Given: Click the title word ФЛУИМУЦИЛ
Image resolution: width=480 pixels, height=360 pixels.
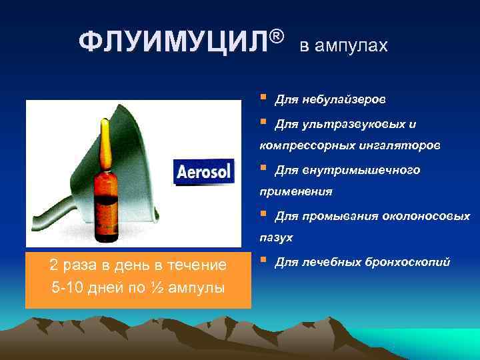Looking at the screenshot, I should [x=174, y=44].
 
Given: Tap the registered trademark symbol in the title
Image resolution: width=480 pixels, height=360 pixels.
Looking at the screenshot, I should [x=279, y=34].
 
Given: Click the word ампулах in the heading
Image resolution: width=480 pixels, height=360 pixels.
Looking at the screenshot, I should [x=354, y=46].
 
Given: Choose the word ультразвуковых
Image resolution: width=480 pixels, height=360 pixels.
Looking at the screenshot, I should [x=356, y=124].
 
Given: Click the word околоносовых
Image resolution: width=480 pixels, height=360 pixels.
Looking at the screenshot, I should [x=425, y=216].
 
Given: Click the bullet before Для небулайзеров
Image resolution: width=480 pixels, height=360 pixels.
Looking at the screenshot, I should [x=264, y=98].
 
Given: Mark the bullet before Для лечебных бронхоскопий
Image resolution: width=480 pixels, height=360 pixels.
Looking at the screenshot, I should [x=264, y=260].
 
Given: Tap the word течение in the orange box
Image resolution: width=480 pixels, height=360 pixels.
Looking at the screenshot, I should [x=199, y=265].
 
